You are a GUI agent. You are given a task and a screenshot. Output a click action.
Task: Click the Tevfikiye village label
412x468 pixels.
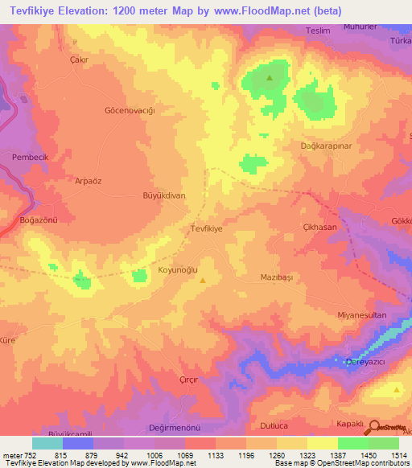click(205, 228)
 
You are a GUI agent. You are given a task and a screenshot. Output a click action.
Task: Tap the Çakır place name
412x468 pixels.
click(78, 60)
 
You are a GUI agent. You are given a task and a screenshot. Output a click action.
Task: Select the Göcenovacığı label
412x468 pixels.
click(130, 109)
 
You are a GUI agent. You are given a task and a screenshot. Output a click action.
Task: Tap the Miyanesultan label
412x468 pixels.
click(362, 314)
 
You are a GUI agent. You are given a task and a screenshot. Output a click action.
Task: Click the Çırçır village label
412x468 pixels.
click(188, 380)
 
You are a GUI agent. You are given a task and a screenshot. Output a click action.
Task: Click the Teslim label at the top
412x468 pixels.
click(319, 31)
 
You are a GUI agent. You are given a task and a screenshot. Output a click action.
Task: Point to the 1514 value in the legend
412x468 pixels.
click(399, 454)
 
